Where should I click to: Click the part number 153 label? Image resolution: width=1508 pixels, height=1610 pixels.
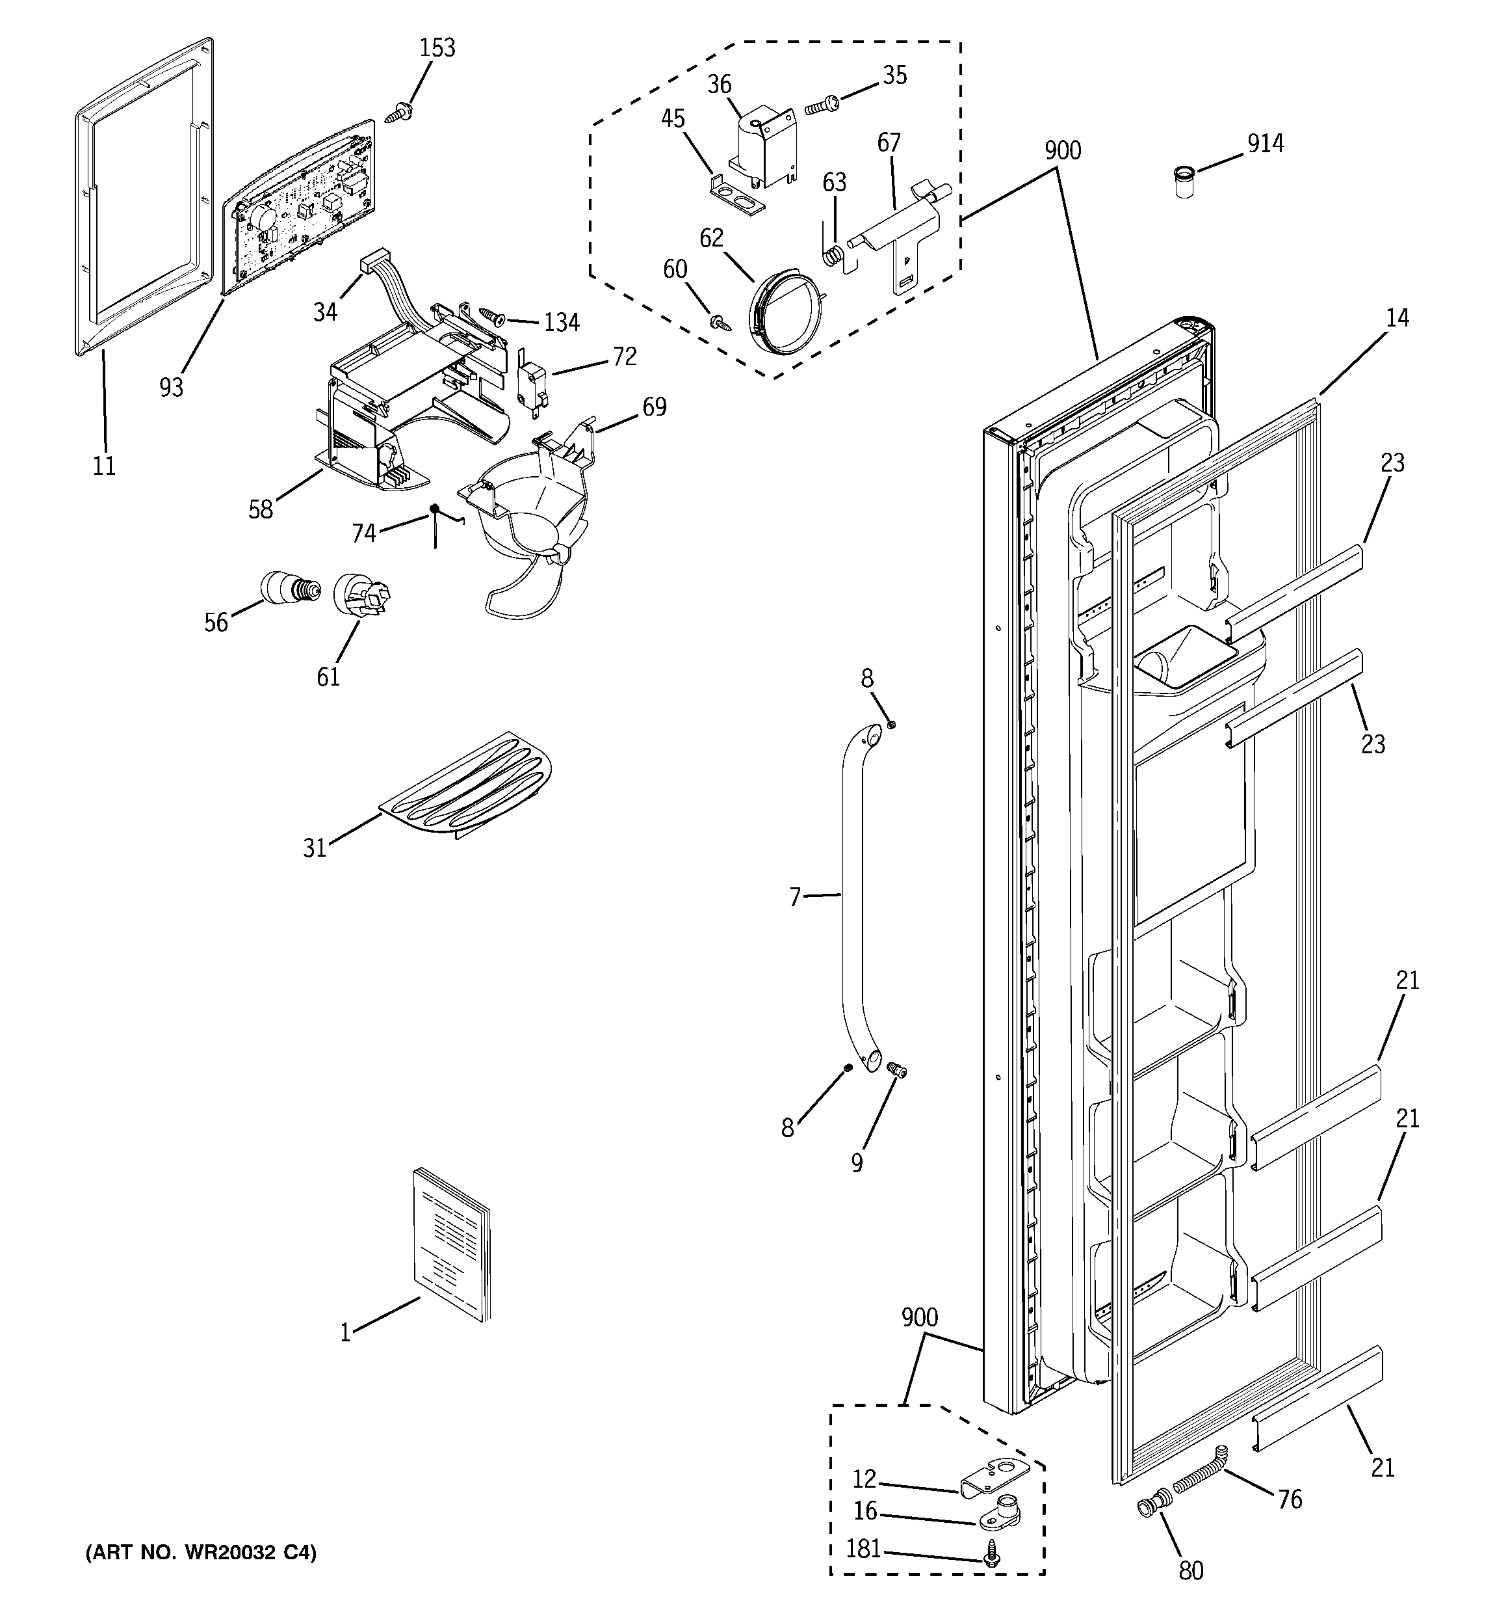pyautogui.click(x=437, y=47)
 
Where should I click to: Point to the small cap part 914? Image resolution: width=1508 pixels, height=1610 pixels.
pyautogui.click(x=1184, y=182)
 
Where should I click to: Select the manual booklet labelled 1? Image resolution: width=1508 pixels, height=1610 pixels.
pyautogui.click(x=452, y=1248)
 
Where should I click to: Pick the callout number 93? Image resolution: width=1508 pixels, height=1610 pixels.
pyautogui.click(x=172, y=388)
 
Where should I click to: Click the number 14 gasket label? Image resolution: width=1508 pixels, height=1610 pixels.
pyautogui.click(x=1397, y=317)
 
